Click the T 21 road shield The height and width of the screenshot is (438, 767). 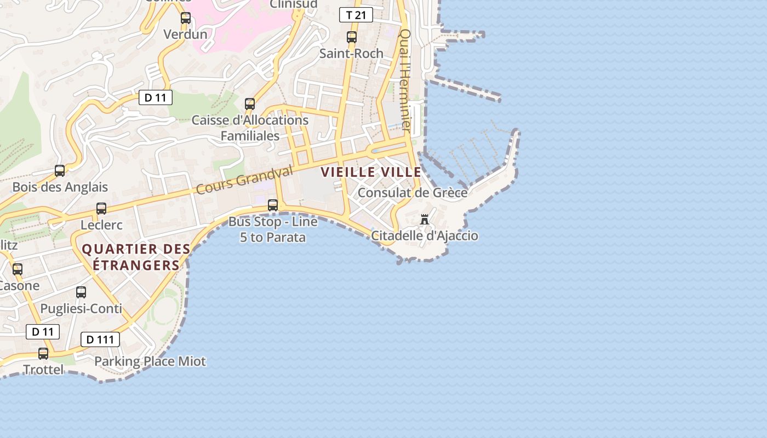point(356,15)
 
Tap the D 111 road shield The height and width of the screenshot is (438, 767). point(100,339)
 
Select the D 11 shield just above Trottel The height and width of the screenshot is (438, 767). point(43,332)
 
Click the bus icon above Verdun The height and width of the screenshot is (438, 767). point(186,18)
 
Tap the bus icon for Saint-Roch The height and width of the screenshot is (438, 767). point(352,37)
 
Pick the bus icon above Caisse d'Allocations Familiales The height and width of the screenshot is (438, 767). point(250,103)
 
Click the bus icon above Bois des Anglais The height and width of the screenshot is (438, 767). point(60,171)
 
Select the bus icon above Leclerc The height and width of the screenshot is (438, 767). point(101,209)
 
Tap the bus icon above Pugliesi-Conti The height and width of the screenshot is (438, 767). point(81,292)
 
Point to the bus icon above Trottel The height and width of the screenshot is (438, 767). point(43,354)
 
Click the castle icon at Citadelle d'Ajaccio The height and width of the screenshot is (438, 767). point(425,220)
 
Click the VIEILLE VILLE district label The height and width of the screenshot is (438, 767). point(371,172)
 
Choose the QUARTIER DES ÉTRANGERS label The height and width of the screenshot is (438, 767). point(136,257)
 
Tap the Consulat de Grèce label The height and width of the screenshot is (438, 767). point(413,193)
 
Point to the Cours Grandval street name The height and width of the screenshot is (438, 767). point(244,181)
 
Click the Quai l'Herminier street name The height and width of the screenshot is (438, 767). point(405,79)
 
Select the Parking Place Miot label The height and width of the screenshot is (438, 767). point(150,361)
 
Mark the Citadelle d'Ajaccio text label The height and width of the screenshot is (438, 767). point(425,236)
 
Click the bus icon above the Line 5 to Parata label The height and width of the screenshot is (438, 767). point(272,205)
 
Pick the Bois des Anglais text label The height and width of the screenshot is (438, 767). point(60,187)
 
